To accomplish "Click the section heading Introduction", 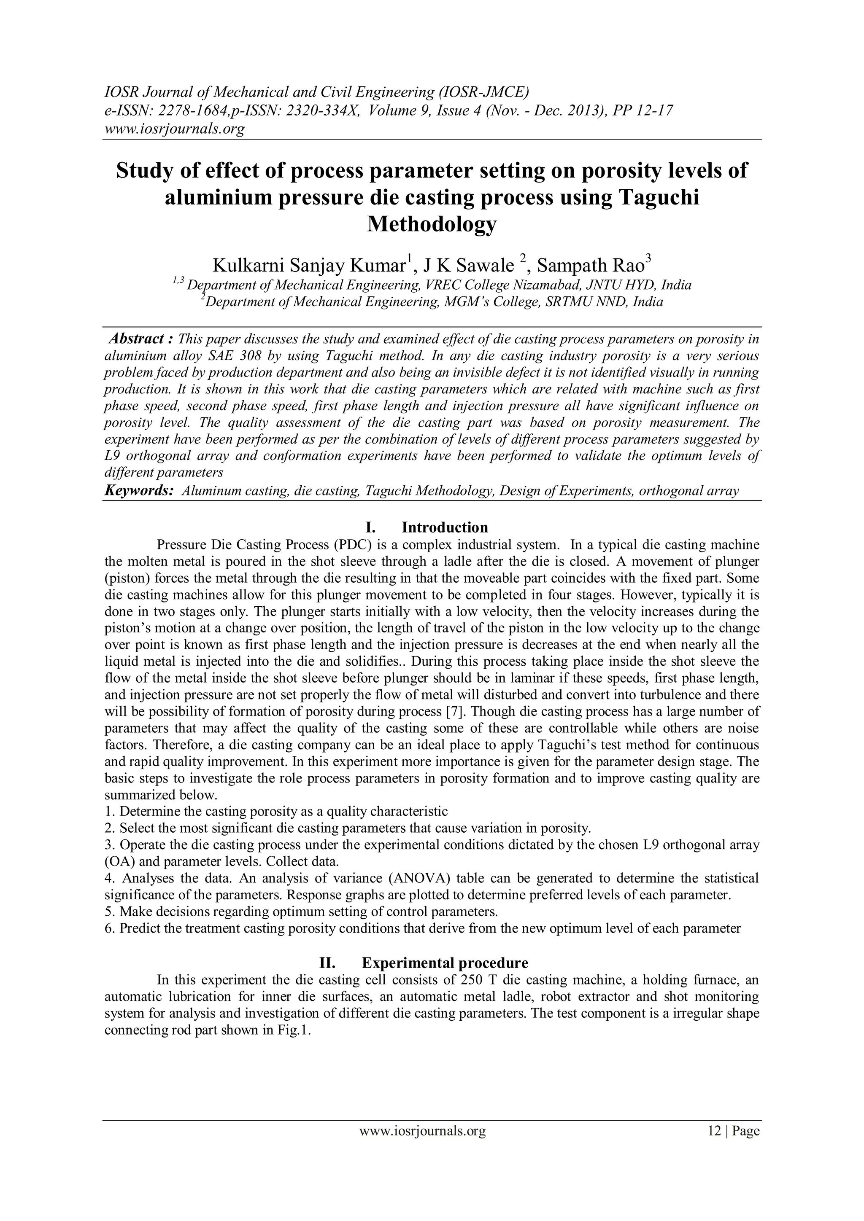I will tap(444, 527).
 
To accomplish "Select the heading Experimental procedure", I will tap(445, 963).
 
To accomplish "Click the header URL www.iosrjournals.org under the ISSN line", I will tap(173, 129).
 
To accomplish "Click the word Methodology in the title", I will tap(432, 224).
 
